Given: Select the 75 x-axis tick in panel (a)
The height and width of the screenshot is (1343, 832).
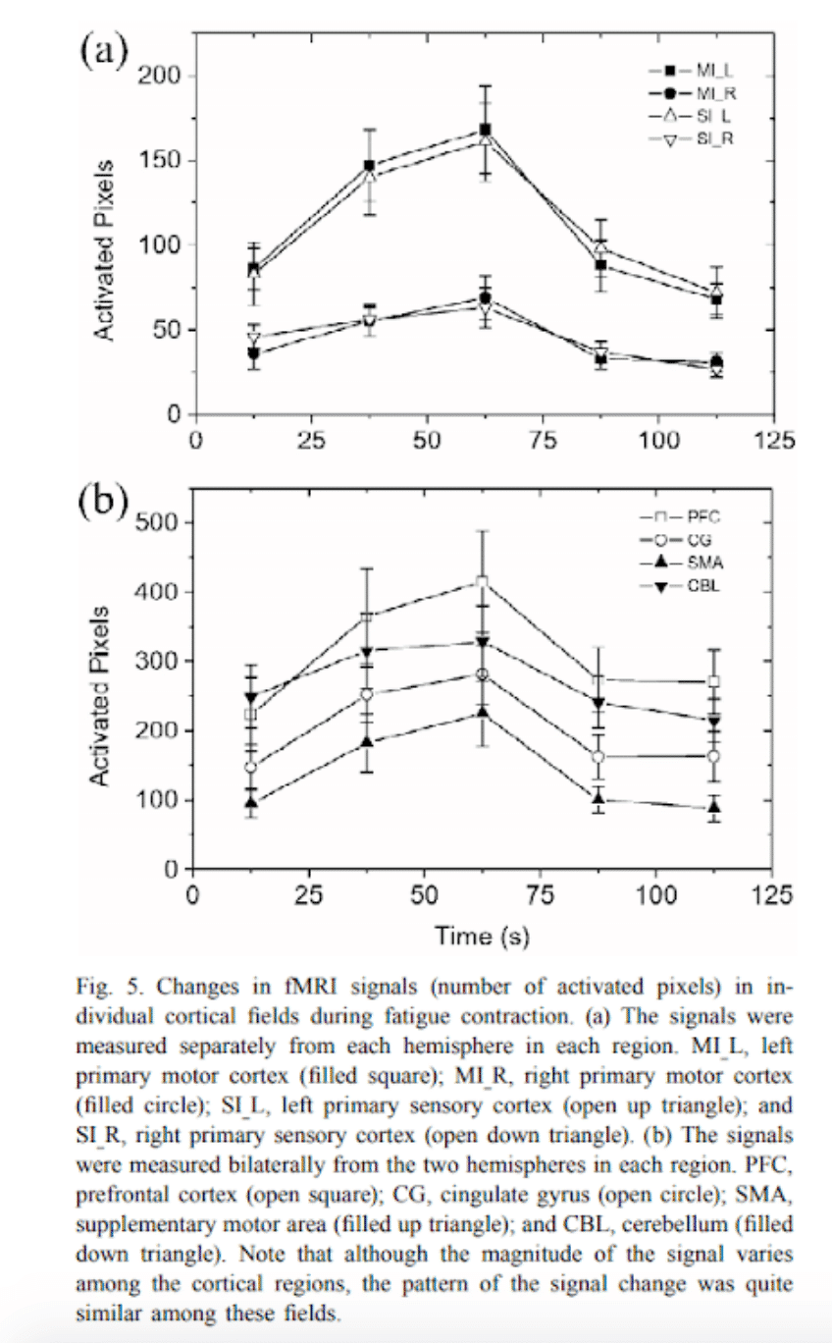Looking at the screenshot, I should click(543, 439).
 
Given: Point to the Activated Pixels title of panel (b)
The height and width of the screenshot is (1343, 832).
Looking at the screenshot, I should click(99, 698).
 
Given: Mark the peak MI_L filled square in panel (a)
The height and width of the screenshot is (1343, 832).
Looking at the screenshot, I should click(485, 130).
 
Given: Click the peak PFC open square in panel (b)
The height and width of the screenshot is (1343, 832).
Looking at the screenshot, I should click(481, 582).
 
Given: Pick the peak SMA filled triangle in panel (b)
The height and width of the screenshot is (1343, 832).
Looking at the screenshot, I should click(481, 713).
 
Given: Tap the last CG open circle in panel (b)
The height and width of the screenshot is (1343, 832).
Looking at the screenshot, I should click(713, 757).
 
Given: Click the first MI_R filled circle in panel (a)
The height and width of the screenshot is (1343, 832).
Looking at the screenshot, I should click(254, 353).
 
